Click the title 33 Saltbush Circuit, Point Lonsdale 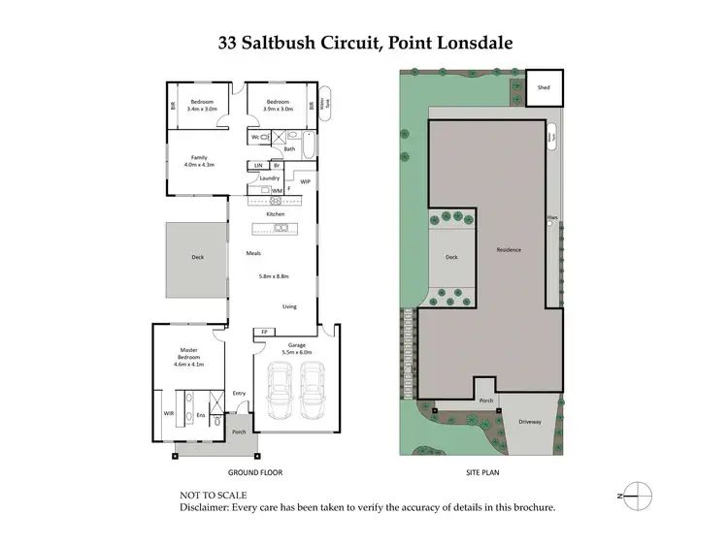pos(364,45)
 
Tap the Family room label pos(198,160)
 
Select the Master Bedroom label pos(188,358)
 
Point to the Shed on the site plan pos(544,87)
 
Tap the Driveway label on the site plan pos(529,423)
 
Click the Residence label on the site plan pos(509,250)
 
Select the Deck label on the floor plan pos(197,258)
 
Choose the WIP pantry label pos(304,181)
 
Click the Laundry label pos(270,178)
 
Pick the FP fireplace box pos(264,333)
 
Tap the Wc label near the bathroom pos(256,138)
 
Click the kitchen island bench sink pos(280,229)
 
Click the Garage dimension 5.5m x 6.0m pos(294,351)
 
